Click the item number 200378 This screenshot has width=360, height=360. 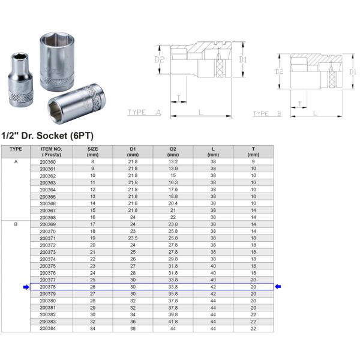point(48,287)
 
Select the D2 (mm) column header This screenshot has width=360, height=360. point(173,152)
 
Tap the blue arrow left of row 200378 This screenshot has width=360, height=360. point(26,287)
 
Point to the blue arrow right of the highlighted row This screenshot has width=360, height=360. point(278,287)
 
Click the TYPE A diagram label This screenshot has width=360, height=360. point(144,112)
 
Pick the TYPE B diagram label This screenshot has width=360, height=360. point(267,113)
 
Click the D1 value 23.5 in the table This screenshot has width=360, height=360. point(133,238)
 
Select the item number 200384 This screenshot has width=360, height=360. point(48,329)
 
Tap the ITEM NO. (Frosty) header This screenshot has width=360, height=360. point(52,152)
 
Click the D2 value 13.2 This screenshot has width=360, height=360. point(173,161)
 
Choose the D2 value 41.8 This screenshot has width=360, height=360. point(173,322)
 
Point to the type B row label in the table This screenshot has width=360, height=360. point(16,224)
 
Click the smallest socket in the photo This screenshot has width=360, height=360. point(20,80)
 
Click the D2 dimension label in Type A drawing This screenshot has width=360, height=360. point(160,59)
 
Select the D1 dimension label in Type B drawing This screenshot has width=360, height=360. point(353,72)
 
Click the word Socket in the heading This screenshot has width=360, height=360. point(52,136)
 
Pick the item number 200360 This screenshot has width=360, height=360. point(48,162)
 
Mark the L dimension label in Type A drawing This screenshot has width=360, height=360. point(200,112)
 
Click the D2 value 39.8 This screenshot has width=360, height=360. point(173,314)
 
